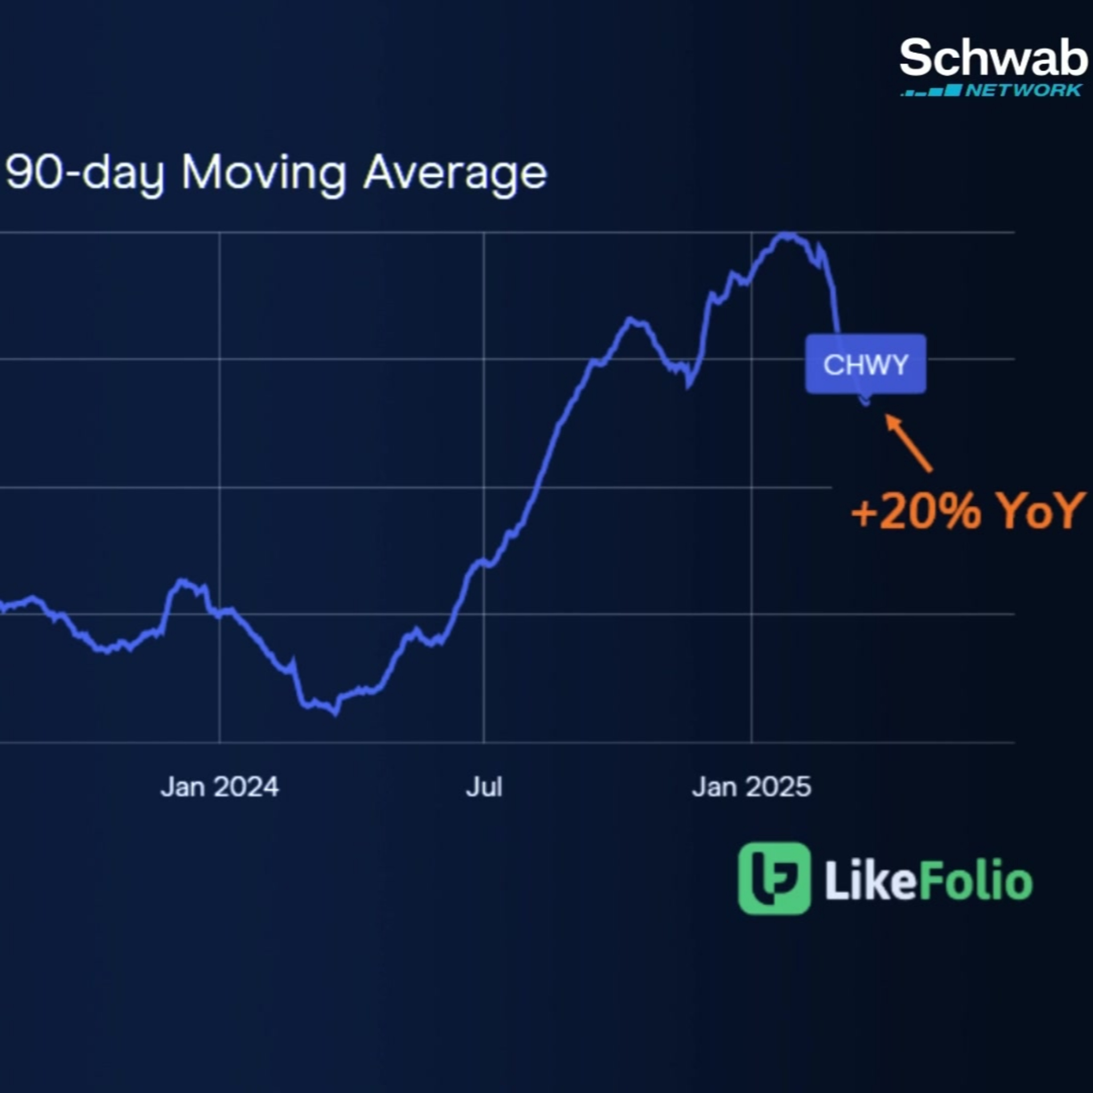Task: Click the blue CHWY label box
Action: tap(866, 364)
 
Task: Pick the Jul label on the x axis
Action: tap(484, 787)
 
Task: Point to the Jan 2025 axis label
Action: tap(751, 787)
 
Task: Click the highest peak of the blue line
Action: tap(786, 234)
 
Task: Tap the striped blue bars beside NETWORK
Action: tap(931, 90)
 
